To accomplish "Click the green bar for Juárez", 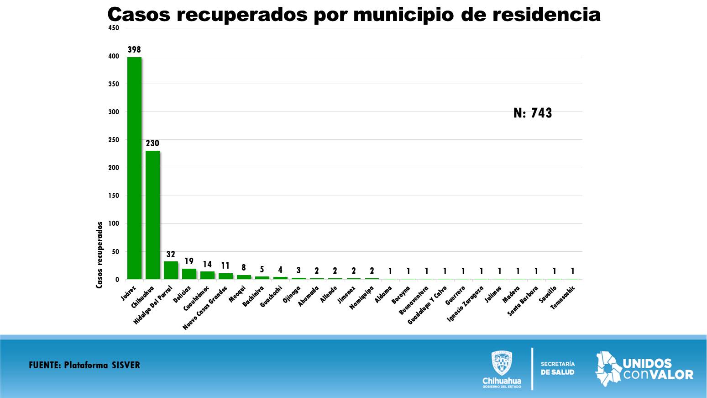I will (134, 168).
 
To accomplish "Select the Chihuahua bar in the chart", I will (152, 215).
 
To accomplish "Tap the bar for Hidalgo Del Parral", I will (171, 270).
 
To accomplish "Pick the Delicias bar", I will (189, 274).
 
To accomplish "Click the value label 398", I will (134, 49).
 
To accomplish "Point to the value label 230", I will (152, 143).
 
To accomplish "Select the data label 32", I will (171, 255).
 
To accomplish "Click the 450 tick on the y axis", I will (114, 28).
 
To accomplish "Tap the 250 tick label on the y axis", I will (114, 140).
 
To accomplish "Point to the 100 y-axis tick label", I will (114, 223).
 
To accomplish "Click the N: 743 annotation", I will (533, 113).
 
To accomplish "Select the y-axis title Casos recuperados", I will (100, 255).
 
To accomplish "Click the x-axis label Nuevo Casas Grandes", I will (205, 308).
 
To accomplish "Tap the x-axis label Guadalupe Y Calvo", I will (427, 305).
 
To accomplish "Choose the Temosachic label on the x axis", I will (563, 297).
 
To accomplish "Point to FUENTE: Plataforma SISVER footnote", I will (84, 365).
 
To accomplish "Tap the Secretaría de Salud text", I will (558, 368).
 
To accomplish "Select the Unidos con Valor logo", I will (644, 369).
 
